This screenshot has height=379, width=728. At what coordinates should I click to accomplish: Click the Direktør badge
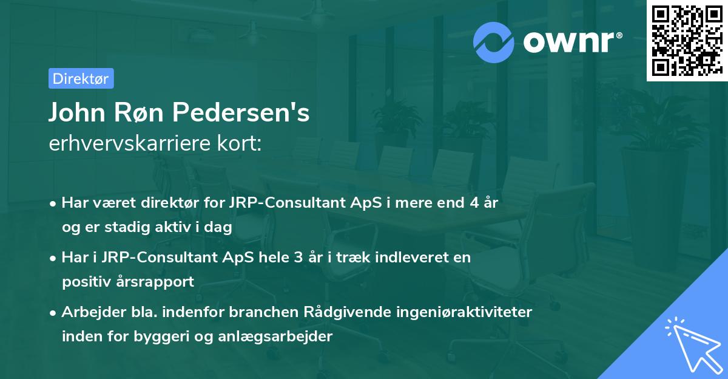coord(81,78)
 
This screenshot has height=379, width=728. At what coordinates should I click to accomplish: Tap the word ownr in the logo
coord(568,41)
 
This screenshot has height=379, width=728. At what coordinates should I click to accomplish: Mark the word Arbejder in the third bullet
coord(88,312)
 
